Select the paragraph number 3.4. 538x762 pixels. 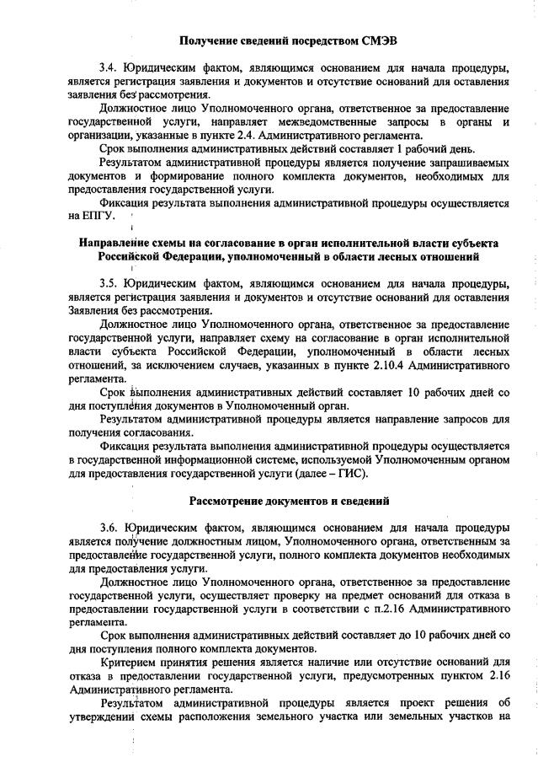(x=109, y=67)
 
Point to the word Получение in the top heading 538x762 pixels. (x=218, y=40)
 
